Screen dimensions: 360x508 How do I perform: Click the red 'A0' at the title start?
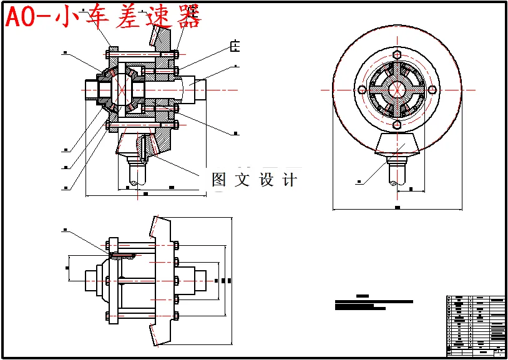click(22, 17)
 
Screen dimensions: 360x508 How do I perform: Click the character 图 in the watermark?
click(219, 180)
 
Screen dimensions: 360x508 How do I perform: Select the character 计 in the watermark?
click(290, 180)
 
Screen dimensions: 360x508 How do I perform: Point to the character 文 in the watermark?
click(242, 180)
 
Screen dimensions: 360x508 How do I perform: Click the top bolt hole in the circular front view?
click(397, 54)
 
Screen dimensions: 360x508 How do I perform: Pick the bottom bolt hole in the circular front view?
click(397, 125)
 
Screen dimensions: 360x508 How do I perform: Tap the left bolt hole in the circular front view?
click(361, 90)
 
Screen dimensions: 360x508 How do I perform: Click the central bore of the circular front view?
click(397, 90)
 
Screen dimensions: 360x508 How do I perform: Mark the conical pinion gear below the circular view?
click(397, 145)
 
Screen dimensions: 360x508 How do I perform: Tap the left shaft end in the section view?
click(92, 89)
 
